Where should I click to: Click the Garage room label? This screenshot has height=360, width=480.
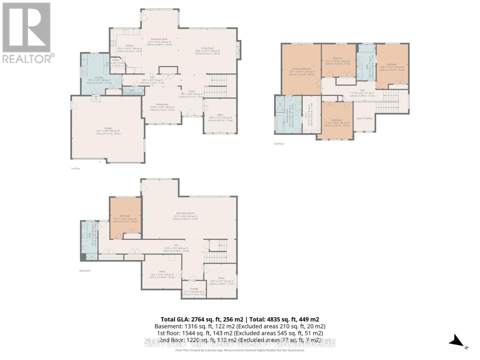click(x=108, y=128)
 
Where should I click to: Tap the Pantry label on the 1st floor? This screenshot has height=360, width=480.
click(x=116, y=60)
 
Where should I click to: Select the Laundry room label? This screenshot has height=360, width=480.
click(x=99, y=77)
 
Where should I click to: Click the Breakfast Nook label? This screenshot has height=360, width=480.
click(x=159, y=39)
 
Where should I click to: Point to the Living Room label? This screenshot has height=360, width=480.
click(x=207, y=48)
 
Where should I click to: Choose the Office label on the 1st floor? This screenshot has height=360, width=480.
click(x=220, y=115)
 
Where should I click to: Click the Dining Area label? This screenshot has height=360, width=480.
click(x=162, y=104)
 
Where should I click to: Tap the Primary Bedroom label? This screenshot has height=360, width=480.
click(x=301, y=69)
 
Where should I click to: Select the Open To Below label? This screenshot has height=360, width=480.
click(x=364, y=118)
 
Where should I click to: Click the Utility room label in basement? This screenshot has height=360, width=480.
click(x=162, y=271)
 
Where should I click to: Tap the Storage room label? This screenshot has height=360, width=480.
click(x=194, y=289)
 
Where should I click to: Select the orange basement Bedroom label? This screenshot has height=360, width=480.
click(x=125, y=216)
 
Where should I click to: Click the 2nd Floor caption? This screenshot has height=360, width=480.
click(x=279, y=144)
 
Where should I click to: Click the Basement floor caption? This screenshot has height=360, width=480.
click(x=85, y=271)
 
